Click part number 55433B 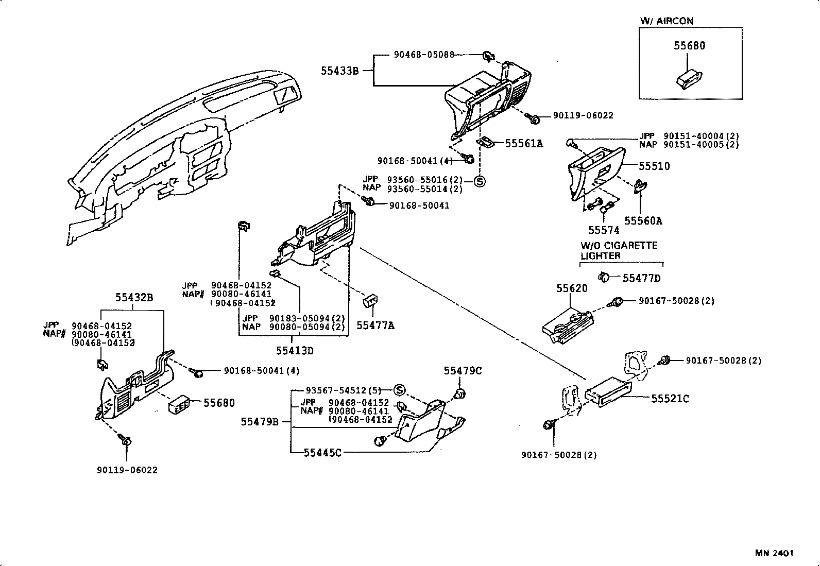coord(339,71)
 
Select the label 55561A coord(524,144)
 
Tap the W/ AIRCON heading coord(667,21)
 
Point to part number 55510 coord(654,166)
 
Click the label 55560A coord(643,221)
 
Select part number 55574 coord(604,230)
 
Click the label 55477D coord(641,279)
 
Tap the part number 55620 coord(572,288)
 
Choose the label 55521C coord(670,399)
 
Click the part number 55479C coord(463,371)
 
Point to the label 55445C coord(322,453)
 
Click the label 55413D coord(295,351)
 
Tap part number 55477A coord(375,325)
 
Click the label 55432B coord(134,297)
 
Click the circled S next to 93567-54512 coord(400,390)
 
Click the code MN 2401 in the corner coord(774,553)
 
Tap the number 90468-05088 coord(424,54)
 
